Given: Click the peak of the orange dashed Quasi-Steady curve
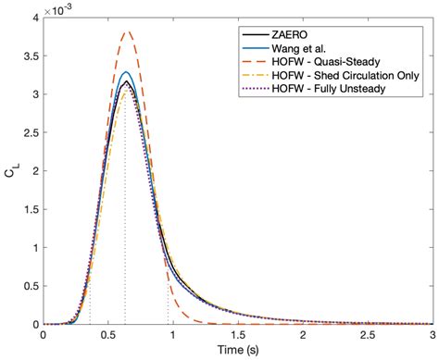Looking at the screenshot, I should click(x=129, y=31).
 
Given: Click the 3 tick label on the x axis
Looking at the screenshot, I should click(x=433, y=335).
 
